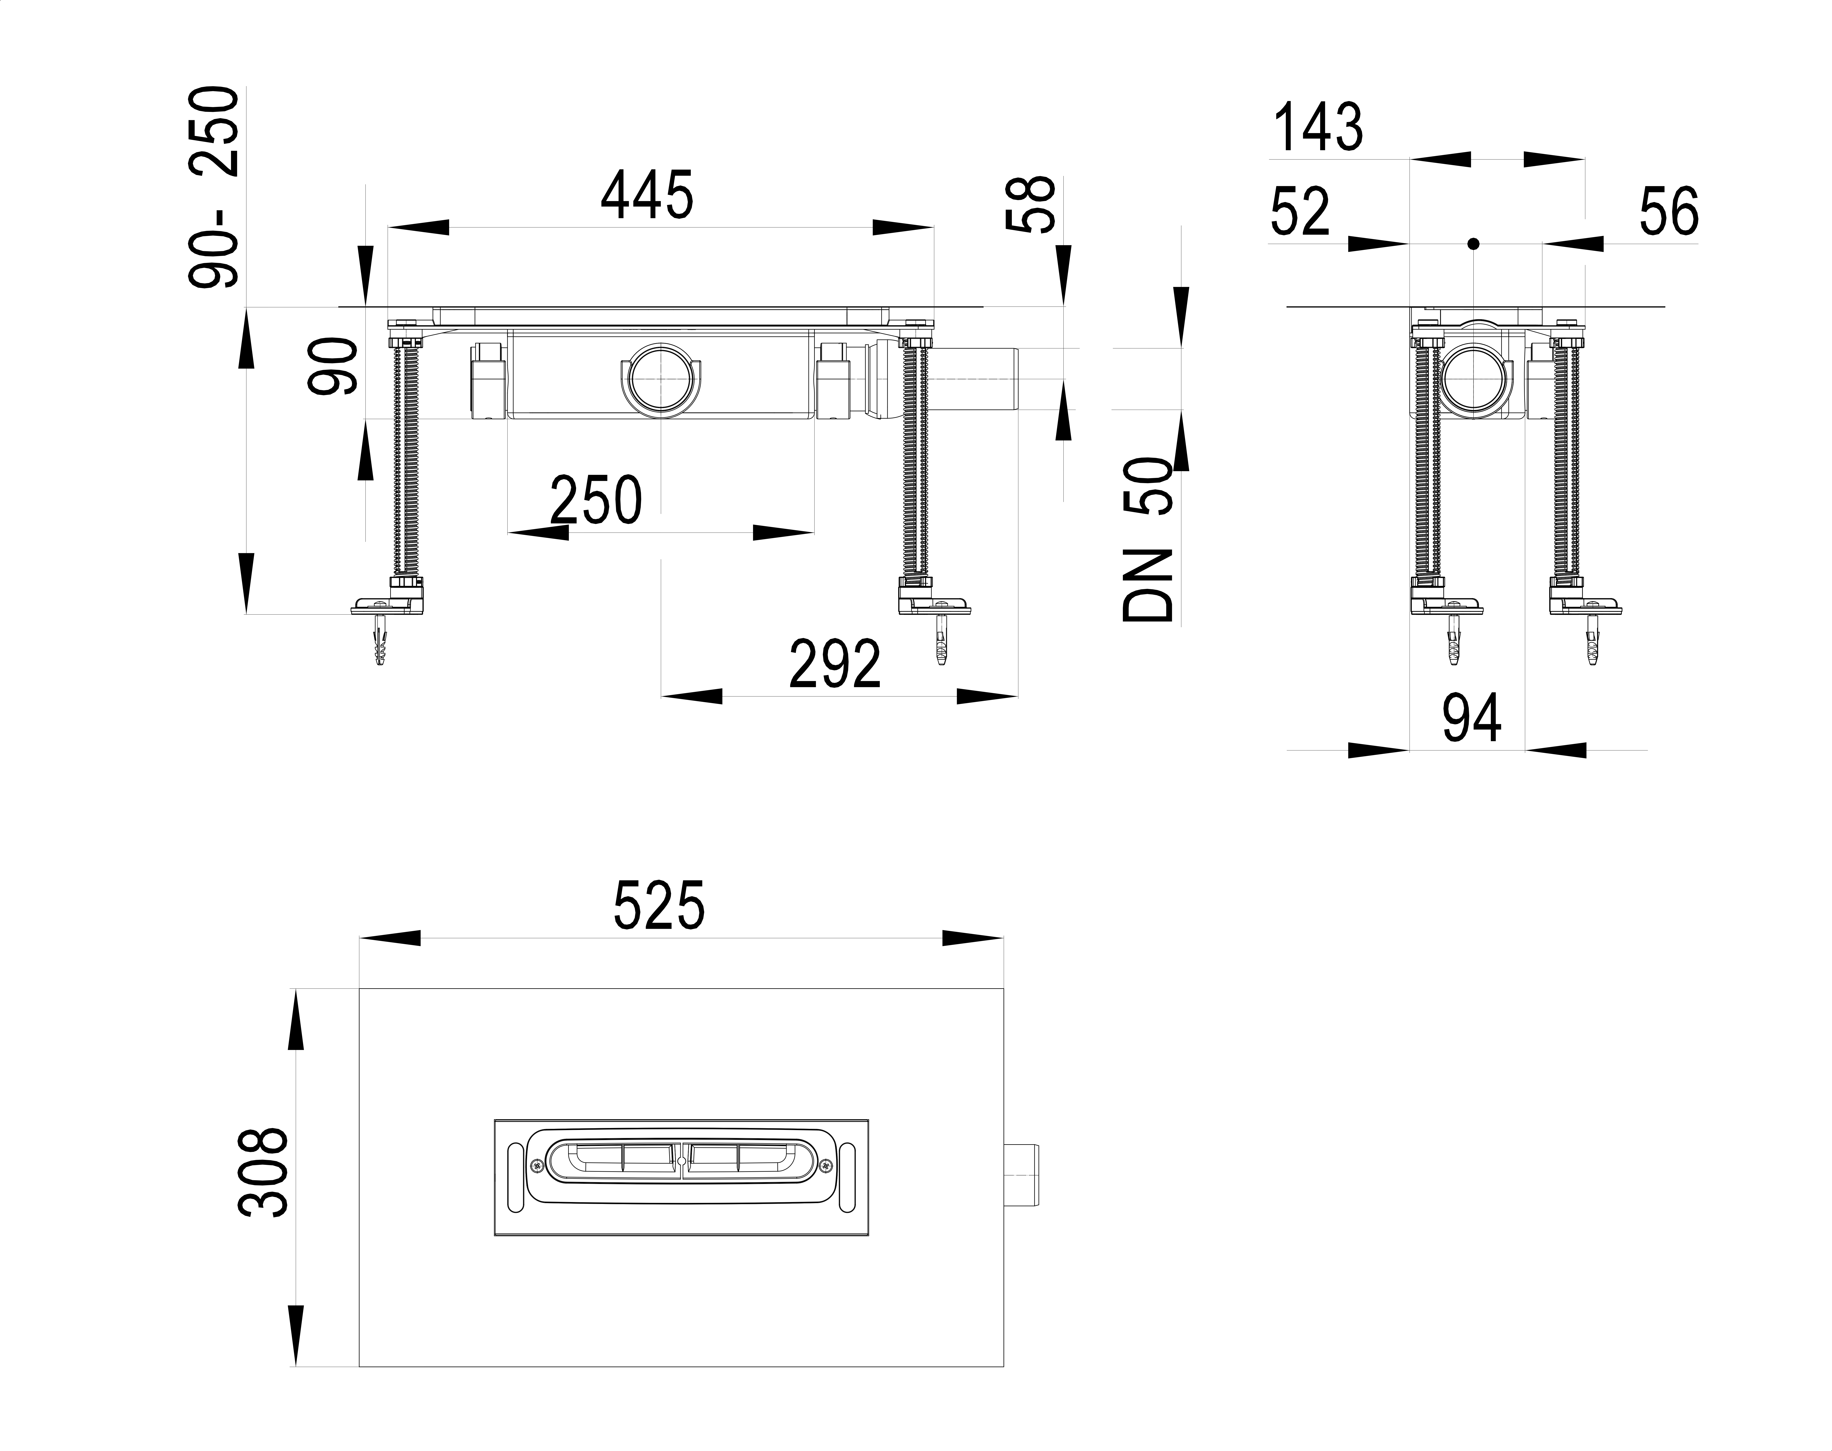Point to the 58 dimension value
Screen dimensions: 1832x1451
(x=1030, y=204)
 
